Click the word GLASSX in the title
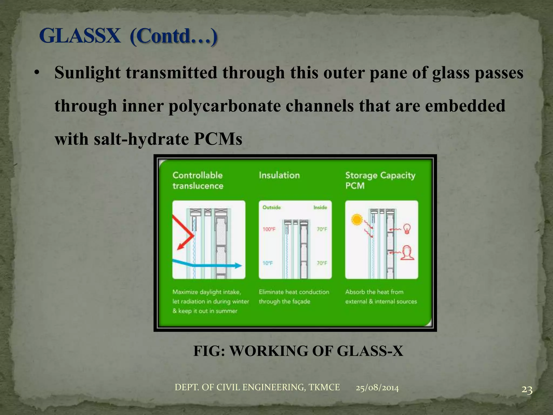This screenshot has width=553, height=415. [x=80, y=36]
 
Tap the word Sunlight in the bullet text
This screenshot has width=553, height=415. [x=87, y=73]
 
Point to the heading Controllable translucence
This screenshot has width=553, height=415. [x=198, y=180]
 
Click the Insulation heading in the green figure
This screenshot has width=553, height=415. [x=279, y=175]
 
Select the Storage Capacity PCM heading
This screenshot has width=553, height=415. [x=380, y=180]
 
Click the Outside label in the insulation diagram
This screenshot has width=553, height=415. [x=271, y=207]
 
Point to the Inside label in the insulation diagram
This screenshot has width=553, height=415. [x=320, y=207]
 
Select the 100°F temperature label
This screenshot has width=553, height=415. [x=269, y=229]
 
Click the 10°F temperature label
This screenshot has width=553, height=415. [x=268, y=263]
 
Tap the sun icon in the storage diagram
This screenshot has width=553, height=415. [x=357, y=220]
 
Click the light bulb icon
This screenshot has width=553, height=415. [x=407, y=229]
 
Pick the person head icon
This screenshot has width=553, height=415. [x=407, y=253]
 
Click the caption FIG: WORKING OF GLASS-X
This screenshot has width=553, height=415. [x=298, y=351]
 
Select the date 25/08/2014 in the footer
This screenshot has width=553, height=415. [x=377, y=388]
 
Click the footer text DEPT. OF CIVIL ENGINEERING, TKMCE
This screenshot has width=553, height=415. [x=257, y=387]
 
